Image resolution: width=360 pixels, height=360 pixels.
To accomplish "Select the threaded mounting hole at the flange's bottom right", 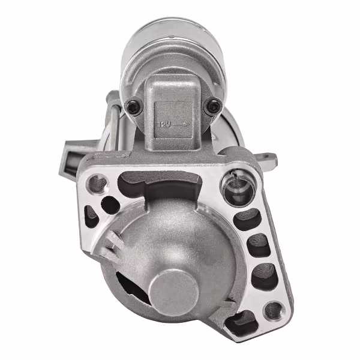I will point(273,310).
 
